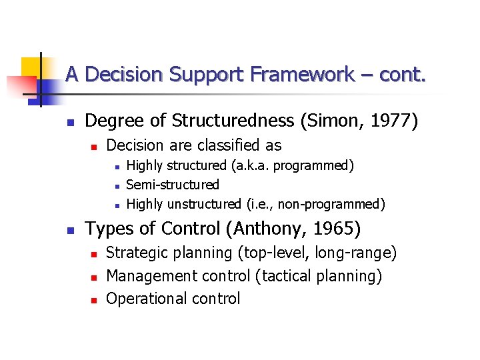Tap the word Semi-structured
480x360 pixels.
point(172,185)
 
